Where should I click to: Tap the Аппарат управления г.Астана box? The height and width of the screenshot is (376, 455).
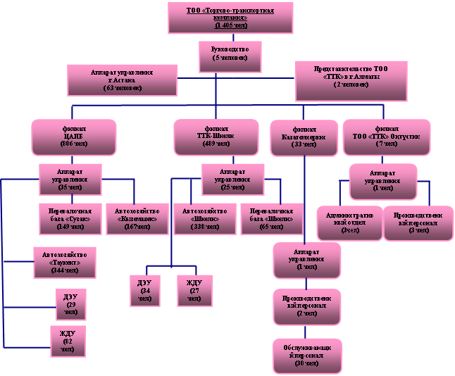point(122,80)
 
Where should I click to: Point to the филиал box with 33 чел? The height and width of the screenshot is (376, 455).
point(304,137)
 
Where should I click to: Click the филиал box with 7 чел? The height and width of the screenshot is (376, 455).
point(384,137)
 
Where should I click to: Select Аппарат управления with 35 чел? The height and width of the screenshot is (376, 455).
point(70,179)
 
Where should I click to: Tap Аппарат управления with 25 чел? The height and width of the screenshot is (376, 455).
point(232,179)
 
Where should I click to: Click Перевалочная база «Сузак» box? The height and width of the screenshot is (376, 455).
point(68,217)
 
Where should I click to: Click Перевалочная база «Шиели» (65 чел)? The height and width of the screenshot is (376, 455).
point(273,217)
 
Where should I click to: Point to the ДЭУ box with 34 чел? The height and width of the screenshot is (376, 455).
point(145,289)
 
